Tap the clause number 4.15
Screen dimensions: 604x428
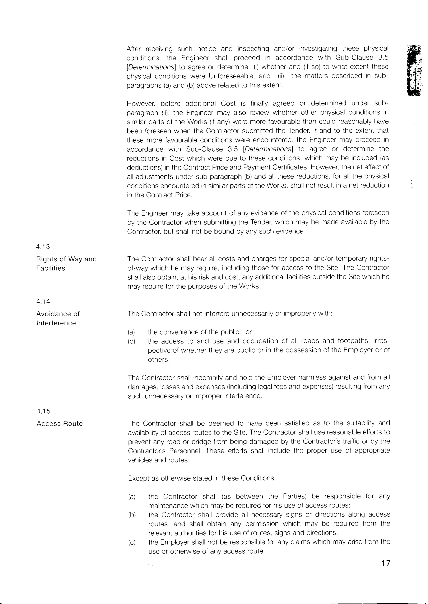pos(43,411)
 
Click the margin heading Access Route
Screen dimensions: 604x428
pos(60,424)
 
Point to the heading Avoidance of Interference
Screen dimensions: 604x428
pos(58,318)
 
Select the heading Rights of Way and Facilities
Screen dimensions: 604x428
pos(66,264)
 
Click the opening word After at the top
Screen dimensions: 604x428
pos(134,49)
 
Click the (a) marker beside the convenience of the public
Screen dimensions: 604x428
pos(131,332)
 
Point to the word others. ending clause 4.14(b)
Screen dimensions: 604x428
pos(158,360)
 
